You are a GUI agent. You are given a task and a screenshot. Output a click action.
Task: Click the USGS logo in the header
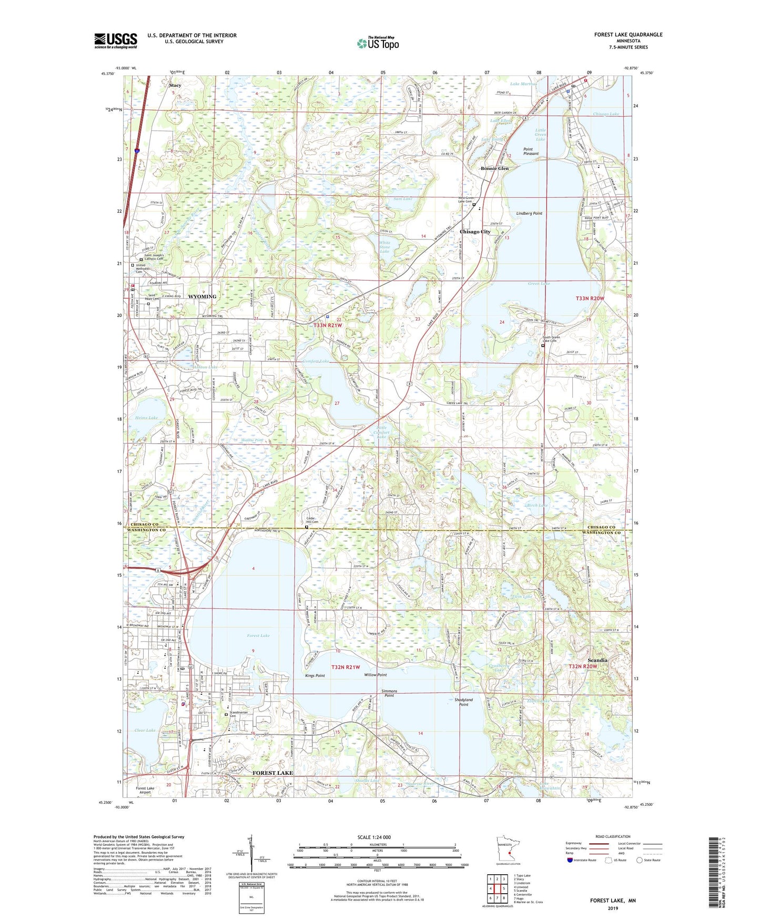[x=115, y=41]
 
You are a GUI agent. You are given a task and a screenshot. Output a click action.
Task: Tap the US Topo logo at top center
[x=377, y=43]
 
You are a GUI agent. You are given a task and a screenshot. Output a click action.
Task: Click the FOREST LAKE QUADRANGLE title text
[x=628, y=35]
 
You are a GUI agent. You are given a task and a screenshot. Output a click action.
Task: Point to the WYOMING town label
[x=202, y=296]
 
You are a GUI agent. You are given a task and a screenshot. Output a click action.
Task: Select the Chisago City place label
[x=475, y=232]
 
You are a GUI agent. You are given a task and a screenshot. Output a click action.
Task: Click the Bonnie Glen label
[x=494, y=168]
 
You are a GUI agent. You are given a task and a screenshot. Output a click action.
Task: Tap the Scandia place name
[x=597, y=660]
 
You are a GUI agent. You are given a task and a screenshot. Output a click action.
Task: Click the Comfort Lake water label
[x=316, y=361]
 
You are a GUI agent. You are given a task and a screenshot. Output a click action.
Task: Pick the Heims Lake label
[x=146, y=418]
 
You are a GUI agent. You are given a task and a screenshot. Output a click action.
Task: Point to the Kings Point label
[x=315, y=675]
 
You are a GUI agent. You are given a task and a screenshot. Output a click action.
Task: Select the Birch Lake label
[x=537, y=505]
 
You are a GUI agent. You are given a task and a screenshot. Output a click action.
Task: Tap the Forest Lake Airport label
[x=145, y=790]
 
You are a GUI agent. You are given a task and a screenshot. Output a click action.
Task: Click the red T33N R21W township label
[x=328, y=325]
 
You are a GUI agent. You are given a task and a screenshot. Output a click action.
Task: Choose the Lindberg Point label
[x=529, y=214]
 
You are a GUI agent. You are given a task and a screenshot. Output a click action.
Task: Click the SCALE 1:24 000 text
[x=374, y=837]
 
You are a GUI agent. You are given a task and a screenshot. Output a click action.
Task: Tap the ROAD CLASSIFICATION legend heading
[x=613, y=836]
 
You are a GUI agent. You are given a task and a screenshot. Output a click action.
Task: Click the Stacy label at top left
[x=175, y=85]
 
